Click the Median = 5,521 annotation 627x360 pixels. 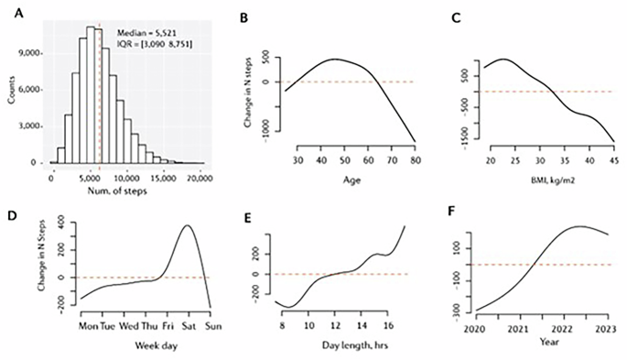pyautogui.click(x=146, y=32)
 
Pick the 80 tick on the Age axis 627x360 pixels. pyautogui.click(x=414, y=160)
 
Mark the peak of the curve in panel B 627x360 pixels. pyautogui.click(x=333, y=60)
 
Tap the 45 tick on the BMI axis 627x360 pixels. pyautogui.click(x=612, y=161)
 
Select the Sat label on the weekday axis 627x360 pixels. pyautogui.click(x=187, y=325)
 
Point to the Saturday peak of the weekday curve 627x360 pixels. pyautogui.click(x=187, y=225)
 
